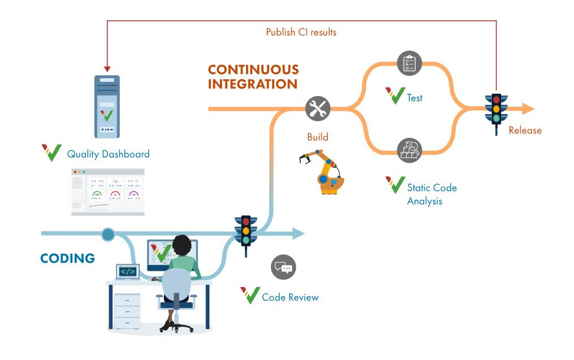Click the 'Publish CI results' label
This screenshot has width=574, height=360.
[301, 32]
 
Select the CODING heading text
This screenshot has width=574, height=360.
[67, 258]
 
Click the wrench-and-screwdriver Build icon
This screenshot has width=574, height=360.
[318, 108]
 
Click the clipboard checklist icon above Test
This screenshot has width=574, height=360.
[409, 63]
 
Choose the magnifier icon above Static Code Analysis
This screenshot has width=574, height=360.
[409, 150]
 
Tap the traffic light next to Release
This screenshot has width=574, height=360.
[496, 108]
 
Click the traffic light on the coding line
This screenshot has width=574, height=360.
[245, 230]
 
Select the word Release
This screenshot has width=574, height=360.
[525, 131]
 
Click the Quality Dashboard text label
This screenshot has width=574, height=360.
[108, 154]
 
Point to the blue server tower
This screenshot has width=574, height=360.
[106, 107]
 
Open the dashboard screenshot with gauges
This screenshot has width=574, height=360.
[107, 192]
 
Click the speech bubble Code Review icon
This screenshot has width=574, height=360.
[283, 267]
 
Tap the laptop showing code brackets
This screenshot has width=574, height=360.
[128, 272]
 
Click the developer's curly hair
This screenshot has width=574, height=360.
[182, 245]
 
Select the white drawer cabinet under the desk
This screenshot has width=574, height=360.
[127, 309]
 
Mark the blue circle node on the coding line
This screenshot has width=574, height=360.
[107, 233]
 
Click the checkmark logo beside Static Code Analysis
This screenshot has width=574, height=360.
[395, 184]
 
